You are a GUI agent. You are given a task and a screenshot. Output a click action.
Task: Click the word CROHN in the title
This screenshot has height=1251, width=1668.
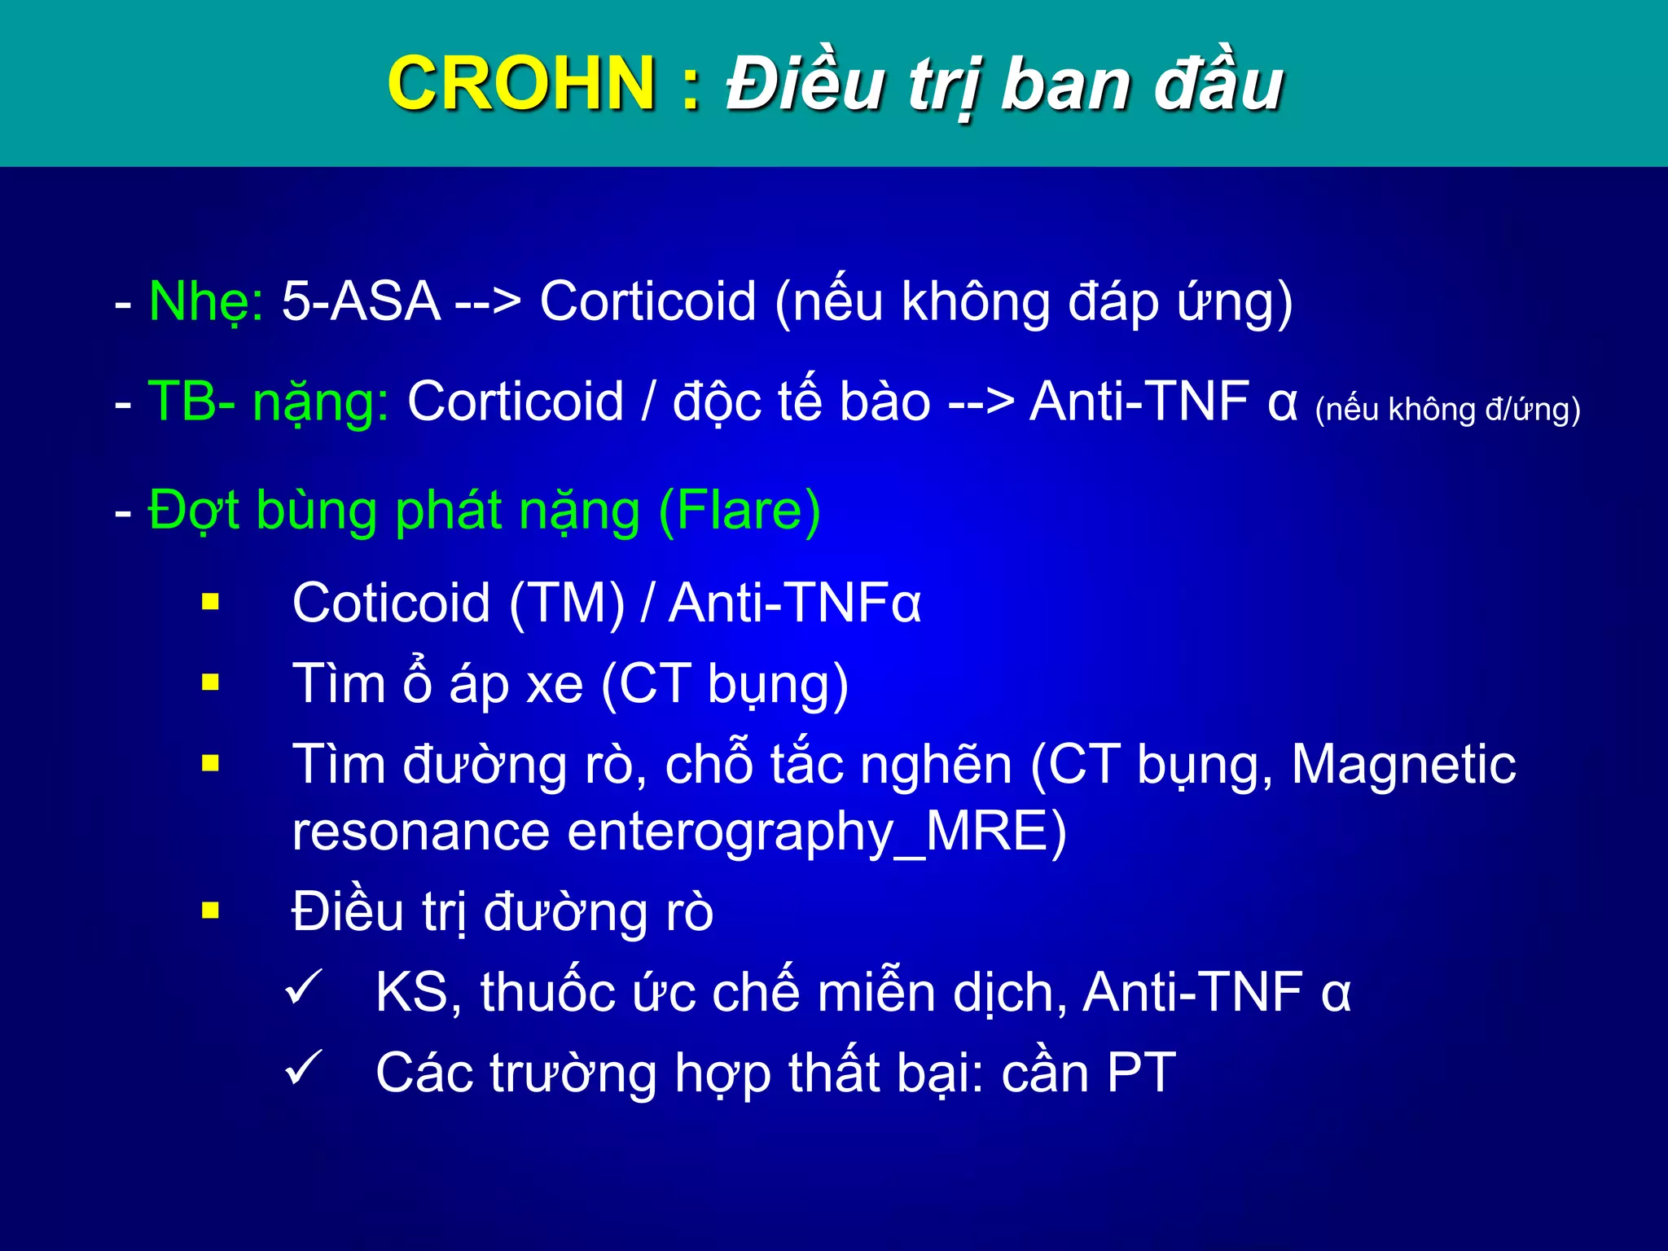(521, 83)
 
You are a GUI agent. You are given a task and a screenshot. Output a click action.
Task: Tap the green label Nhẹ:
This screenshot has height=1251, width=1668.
(206, 302)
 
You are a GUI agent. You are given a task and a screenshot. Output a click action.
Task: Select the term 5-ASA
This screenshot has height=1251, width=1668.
(361, 301)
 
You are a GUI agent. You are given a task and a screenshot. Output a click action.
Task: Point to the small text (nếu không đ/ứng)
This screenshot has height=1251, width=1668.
(1447, 409)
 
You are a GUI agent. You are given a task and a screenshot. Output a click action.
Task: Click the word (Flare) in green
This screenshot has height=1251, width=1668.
(739, 511)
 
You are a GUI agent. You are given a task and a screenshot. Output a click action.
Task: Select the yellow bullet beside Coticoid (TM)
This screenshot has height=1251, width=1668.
(211, 602)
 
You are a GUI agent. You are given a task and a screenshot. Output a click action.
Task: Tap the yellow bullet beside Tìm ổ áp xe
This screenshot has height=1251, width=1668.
(211, 682)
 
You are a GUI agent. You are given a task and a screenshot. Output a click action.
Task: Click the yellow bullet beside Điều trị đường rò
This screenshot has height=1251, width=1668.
(211, 910)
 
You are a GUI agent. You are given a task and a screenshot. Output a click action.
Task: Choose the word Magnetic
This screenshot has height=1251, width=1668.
(1402, 764)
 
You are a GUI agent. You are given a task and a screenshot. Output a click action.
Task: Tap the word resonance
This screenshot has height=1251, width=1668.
(420, 833)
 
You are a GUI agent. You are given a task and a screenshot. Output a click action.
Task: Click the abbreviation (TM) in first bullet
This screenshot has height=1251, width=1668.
(567, 604)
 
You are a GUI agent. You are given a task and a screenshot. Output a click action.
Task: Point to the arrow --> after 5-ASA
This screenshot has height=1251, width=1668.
(488, 302)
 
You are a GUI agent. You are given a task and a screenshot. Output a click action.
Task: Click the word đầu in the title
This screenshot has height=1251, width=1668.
(1218, 83)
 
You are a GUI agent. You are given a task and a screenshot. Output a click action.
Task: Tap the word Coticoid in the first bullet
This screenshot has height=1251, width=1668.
(391, 604)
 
